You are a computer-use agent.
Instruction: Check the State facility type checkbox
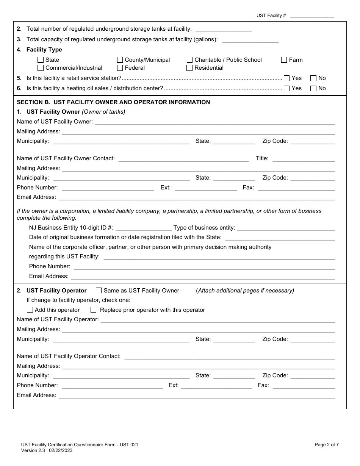pyautogui.click(x=41, y=60)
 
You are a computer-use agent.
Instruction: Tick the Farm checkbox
pyautogui.click(x=284, y=60)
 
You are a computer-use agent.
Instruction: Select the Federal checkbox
pyautogui.click(x=120, y=68)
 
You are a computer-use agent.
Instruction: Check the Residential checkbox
pyautogui.click(x=189, y=68)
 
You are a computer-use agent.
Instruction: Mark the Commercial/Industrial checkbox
pyautogui.click(x=41, y=68)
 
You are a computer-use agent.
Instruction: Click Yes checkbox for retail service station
pyautogui.click(x=286, y=78)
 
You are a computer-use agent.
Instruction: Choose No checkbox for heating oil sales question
pyautogui.click(x=313, y=88)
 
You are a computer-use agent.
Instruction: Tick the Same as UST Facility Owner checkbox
pyautogui.click(x=99, y=291)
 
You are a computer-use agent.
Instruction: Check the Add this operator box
pyautogui.click(x=30, y=310)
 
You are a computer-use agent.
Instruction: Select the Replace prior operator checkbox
pyautogui.click(x=94, y=310)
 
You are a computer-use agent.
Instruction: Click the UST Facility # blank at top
pyautogui.click(x=312, y=16)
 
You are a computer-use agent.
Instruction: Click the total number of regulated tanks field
pyautogui.click(x=224, y=29)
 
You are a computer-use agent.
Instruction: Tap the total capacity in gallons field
pyautogui.click(x=250, y=39)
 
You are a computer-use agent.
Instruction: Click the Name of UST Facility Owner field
pyautogui.click(x=214, y=122)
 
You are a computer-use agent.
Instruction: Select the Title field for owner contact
pyautogui.click(x=304, y=159)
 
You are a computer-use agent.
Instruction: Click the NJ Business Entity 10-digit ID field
pyautogui.click(x=144, y=228)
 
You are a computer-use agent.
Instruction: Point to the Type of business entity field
pyautogui.click(x=286, y=228)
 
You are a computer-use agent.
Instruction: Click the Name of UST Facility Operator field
pyautogui.click(x=218, y=320)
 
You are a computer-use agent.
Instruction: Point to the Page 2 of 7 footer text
pyautogui.click(x=327, y=445)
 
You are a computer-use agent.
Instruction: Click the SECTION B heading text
pyautogui.click(x=113, y=102)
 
